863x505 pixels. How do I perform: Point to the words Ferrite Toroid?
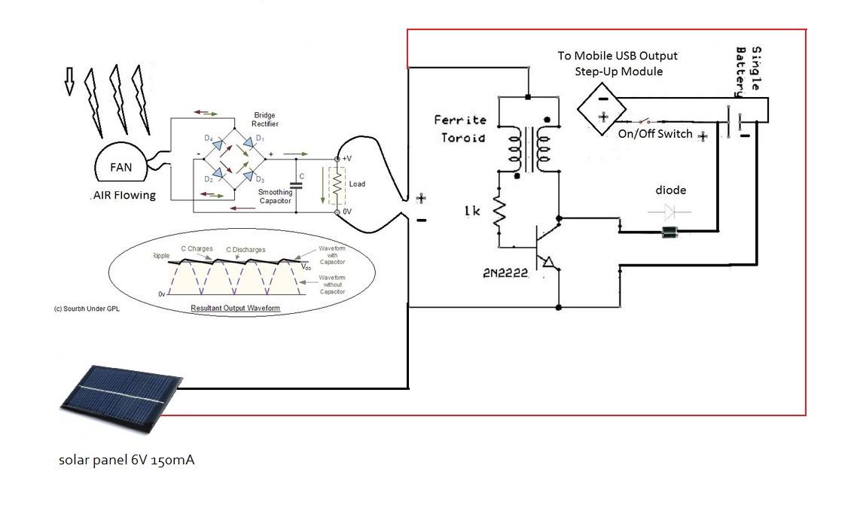coord(460,129)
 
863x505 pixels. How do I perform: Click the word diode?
coord(670,190)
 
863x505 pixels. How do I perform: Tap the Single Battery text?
coord(749,71)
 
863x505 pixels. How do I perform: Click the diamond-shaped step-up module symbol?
coord(603,108)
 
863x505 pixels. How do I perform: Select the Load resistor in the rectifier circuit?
coord(337,184)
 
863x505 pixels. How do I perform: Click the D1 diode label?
coord(260,138)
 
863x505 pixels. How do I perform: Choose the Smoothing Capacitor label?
coord(275,196)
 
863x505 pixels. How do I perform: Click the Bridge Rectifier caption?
coord(264,120)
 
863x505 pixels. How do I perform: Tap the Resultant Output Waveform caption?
coord(235,309)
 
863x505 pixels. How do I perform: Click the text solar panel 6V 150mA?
coord(127,459)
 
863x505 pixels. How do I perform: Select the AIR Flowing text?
coord(124,195)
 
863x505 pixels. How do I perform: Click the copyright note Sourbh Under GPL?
coord(87,309)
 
